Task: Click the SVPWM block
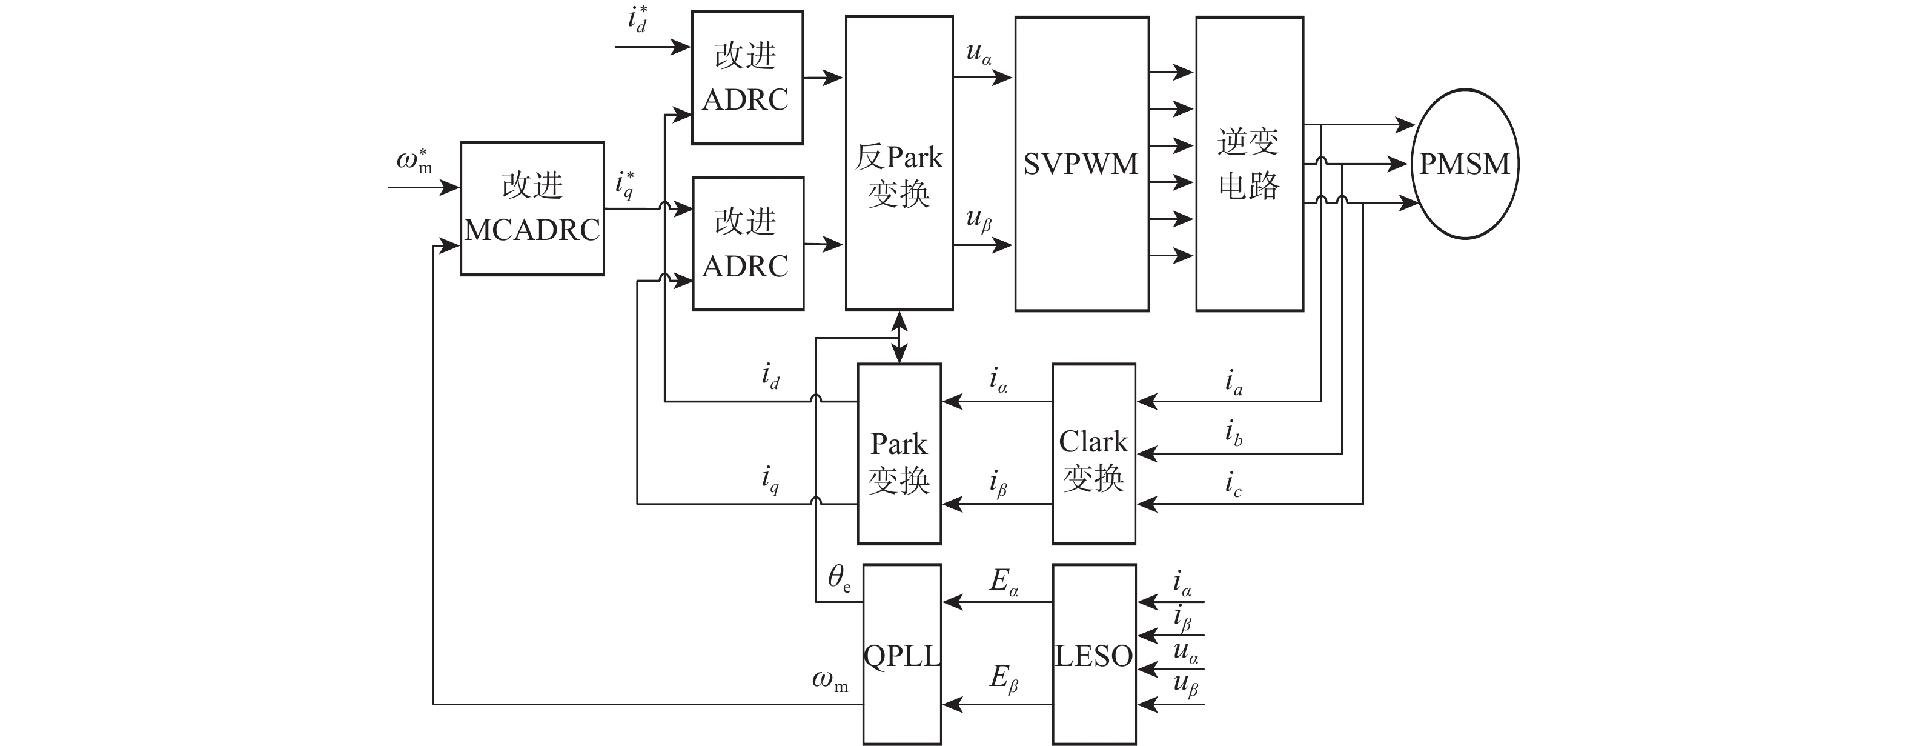point(1081,164)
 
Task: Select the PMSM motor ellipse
point(1465,164)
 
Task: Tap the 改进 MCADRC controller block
point(532,208)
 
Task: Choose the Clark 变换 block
point(1093,453)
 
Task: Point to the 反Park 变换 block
point(899,163)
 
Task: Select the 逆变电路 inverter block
point(1249,164)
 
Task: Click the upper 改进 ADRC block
point(747,78)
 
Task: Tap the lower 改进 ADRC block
point(748,243)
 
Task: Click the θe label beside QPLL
point(838,578)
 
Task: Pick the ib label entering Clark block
point(1233,433)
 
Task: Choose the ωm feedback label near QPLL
point(830,681)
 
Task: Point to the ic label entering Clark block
point(1233,484)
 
